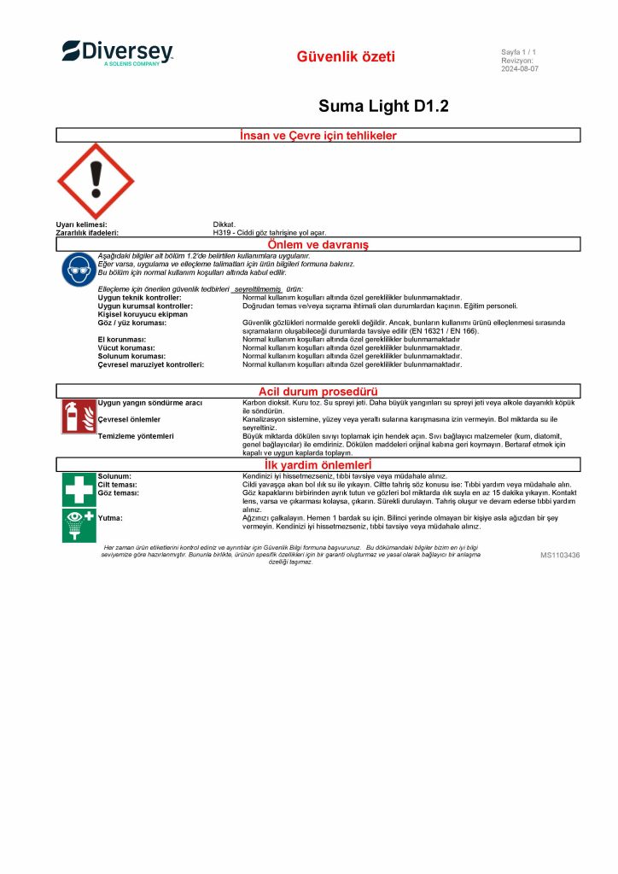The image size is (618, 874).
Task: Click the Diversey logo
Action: pos(117,52)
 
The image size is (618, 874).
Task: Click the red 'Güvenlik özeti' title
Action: pos(346,57)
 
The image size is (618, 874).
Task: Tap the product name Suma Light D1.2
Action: pos(383,106)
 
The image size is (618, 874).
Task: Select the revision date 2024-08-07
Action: pos(519,69)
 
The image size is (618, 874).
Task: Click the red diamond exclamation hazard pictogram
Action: pos(96,181)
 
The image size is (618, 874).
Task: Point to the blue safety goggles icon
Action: pos(79,270)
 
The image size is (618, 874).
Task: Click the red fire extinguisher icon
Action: pos(79,416)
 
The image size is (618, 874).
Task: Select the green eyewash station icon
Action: pos(79,524)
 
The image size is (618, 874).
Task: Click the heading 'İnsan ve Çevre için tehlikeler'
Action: pos(318,135)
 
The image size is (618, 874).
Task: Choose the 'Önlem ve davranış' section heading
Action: pos(318,245)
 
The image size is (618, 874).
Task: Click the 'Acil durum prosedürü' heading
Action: pos(318,391)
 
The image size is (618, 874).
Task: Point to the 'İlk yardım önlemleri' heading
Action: pos(318,465)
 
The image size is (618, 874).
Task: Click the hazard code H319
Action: pos(222,232)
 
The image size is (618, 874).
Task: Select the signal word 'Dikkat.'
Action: pos(224,224)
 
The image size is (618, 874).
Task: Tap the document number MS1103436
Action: pos(560,555)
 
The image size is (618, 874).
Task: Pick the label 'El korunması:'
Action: pos(122,339)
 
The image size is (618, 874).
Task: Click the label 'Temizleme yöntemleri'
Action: pos(136,436)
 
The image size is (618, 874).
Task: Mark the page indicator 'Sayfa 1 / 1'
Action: pos(519,52)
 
